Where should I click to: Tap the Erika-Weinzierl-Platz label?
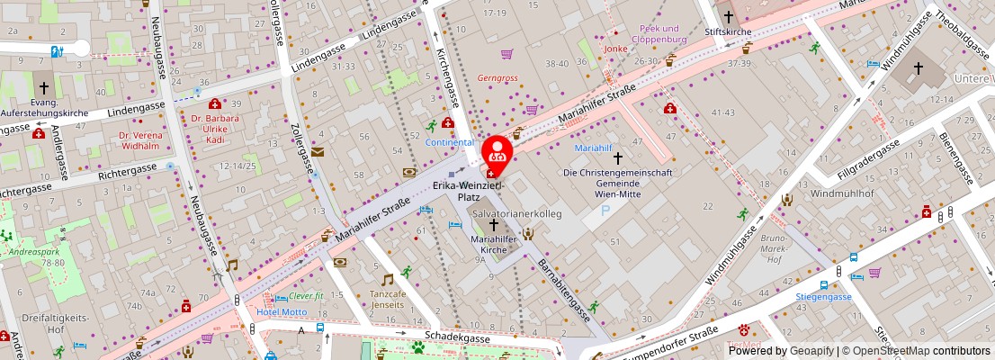click(469, 191)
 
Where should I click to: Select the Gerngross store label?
click(499, 78)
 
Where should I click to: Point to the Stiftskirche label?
click(728, 31)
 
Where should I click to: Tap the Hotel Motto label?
click(282, 312)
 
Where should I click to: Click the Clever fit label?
click(306, 296)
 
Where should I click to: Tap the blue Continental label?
click(449, 142)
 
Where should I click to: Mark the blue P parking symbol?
click(605, 211)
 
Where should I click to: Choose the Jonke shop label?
click(615, 49)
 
